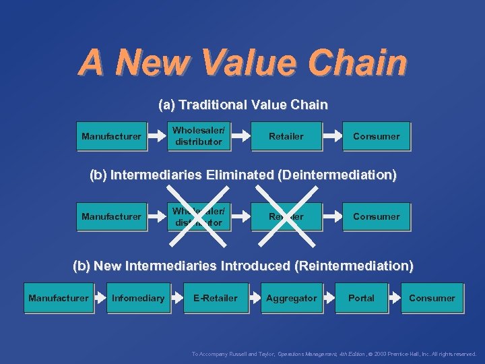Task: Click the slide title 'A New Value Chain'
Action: (x=243, y=63)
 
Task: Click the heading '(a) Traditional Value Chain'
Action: (x=243, y=105)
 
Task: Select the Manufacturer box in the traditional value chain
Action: (x=111, y=136)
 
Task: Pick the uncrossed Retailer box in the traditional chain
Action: (x=286, y=136)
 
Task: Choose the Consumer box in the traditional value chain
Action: (x=376, y=136)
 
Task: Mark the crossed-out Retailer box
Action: (x=286, y=216)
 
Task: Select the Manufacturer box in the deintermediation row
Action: (x=111, y=216)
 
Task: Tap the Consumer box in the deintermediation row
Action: (x=376, y=216)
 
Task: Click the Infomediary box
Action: (x=138, y=298)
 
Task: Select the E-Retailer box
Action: (x=215, y=298)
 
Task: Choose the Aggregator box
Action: (x=291, y=298)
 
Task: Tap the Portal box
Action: (x=361, y=298)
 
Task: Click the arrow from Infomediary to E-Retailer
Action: (x=176, y=298)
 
